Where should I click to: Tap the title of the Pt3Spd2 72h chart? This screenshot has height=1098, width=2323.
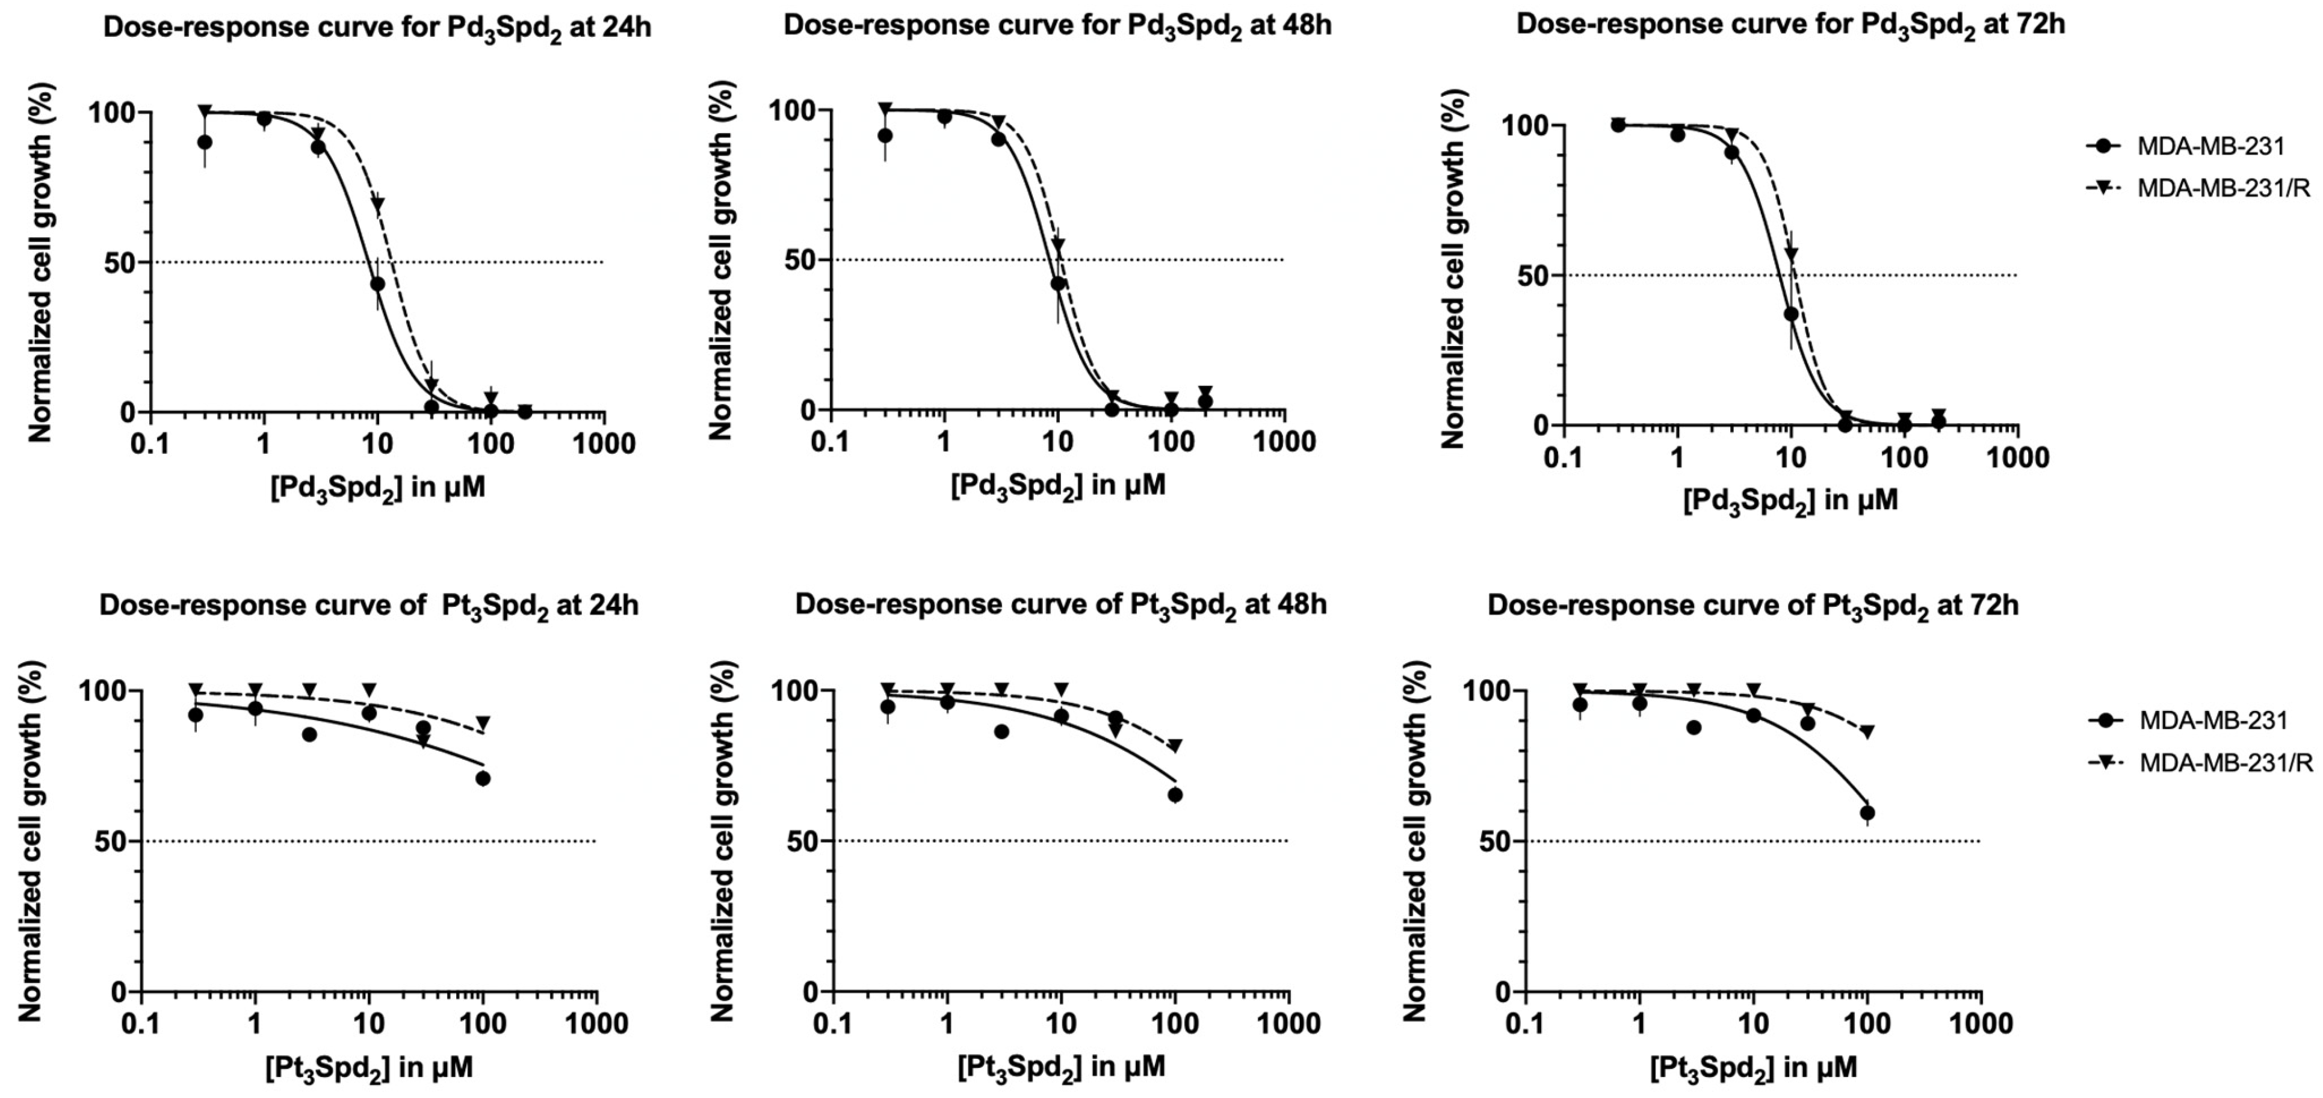point(1753,606)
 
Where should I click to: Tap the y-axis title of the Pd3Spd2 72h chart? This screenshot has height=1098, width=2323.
point(1453,269)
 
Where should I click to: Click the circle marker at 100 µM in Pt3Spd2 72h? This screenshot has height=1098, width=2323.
point(1867,813)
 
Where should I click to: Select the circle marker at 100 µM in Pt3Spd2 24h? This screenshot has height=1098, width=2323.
point(483,778)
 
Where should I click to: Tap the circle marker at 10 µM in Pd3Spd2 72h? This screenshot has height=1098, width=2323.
point(1791,314)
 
